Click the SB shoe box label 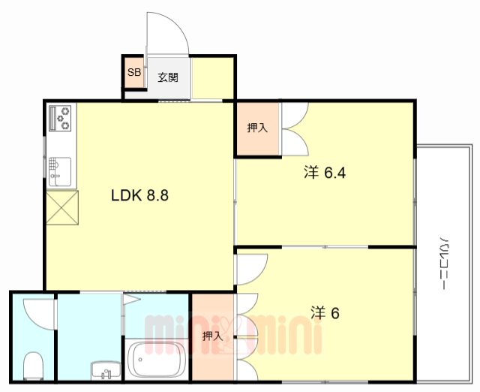(x=134, y=72)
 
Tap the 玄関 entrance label (x=168, y=77)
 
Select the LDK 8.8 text (x=139, y=195)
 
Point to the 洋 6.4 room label (x=325, y=173)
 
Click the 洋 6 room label (x=325, y=313)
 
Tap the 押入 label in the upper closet (x=257, y=128)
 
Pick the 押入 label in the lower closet (x=212, y=336)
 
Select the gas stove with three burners (x=60, y=118)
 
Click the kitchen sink (x=60, y=172)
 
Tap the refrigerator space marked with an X (x=62, y=207)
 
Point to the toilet (x=33, y=366)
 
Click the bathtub (x=157, y=359)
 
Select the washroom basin (x=106, y=370)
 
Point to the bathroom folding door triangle (x=132, y=299)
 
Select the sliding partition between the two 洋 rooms (x=325, y=247)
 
